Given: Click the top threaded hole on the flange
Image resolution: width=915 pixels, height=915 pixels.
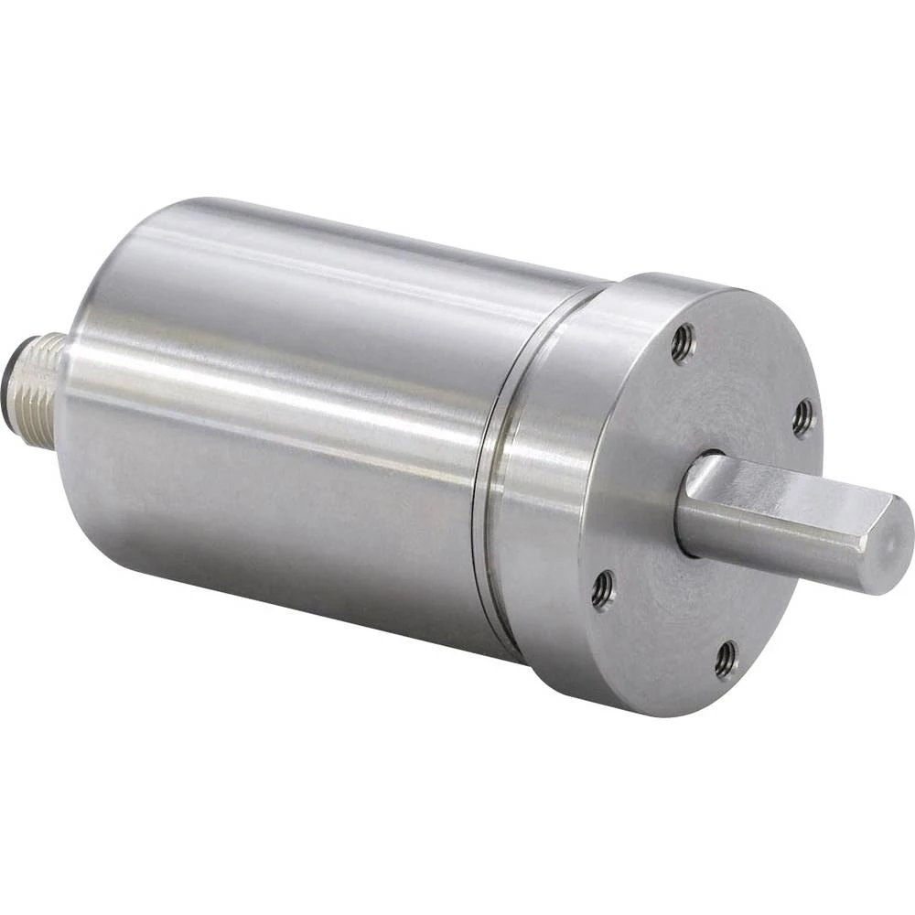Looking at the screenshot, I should [683, 344].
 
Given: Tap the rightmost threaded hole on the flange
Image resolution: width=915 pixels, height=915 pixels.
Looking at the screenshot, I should [802, 417].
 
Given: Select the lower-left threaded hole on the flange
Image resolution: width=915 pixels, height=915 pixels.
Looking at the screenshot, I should [602, 589].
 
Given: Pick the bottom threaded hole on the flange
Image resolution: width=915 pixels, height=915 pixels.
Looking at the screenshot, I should [726, 659].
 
